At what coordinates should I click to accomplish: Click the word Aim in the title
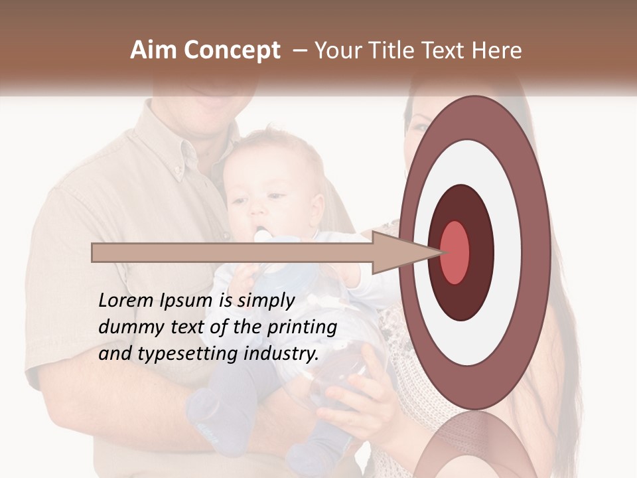(x=155, y=50)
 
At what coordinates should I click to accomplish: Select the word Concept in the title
(x=232, y=51)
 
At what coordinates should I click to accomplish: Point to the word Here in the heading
(x=496, y=50)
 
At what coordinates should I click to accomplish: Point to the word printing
(x=302, y=328)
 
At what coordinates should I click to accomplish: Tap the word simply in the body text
(x=265, y=301)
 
